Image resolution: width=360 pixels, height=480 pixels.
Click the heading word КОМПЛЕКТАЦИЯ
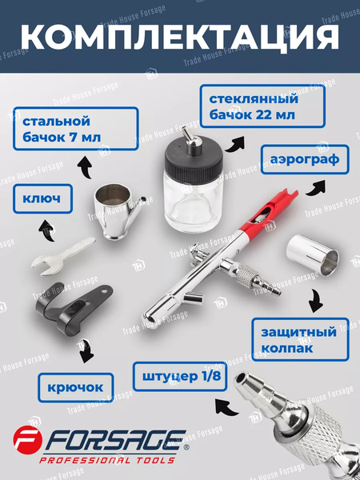pyautogui.click(x=180, y=38)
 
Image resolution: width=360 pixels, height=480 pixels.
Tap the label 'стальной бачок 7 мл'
pyautogui.click(x=76, y=129)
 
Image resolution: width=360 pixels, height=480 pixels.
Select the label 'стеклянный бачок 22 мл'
pyautogui.click(x=262, y=106)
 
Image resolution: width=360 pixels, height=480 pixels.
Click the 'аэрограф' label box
pyautogui.click(x=305, y=159)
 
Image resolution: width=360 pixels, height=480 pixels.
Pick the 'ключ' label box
pyautogui.click(x=42, y=198)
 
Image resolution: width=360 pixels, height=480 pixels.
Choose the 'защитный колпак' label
pyautogui.click(x=300, y=339)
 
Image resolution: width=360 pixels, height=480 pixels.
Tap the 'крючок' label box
pyautogui.click(x=76, y=387)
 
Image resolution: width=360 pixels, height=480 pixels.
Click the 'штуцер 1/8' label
pyautogui.click(x=180, y=377)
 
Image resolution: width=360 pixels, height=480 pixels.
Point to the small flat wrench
pyautogui.click(x=63, y=257)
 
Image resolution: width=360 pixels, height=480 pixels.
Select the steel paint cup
pyautogui.click(x=118, y=211)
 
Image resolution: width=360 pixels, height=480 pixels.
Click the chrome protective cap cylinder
pyautogui.click(x=313, y=255)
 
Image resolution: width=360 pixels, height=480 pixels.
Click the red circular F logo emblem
pyautogui.click(x=27, y=439)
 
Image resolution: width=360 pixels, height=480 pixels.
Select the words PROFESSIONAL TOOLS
pyautogui.click(x=107, y=460)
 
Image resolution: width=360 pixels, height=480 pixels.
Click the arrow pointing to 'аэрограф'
pyautogui.click(x=316, y=188)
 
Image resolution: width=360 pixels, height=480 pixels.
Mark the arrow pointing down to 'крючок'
pyautogui.click(x=86, y=350)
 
